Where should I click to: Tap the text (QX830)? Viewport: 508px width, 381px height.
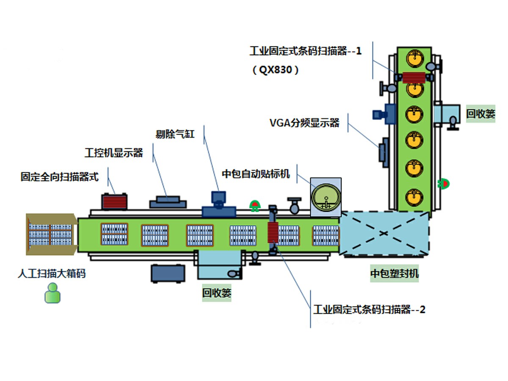click(276, 70)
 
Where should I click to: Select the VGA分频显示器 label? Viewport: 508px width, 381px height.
click(304, 123)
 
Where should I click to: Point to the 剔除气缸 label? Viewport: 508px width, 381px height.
click(175, 134)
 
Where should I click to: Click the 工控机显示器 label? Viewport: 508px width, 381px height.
click(113, 153)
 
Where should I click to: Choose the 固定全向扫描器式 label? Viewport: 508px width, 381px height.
click(59, 177)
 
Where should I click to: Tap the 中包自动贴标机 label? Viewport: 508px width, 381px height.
click(256, 174)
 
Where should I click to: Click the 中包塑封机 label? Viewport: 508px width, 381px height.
click(395, 274)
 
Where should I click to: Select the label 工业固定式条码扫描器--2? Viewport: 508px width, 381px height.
click(369, 309)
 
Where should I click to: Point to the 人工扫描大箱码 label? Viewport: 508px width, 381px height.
click(51, 273)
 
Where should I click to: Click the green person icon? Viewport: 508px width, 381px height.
click(52, 293)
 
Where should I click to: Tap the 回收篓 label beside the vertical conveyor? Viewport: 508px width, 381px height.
click(480, 113)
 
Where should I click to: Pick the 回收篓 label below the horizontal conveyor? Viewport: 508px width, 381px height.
click(217, 293)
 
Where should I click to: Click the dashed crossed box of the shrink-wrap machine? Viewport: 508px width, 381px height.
click(384, 234)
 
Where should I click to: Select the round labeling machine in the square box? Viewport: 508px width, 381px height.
click(326, 197)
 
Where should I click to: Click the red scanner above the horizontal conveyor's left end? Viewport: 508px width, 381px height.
click(114, 201)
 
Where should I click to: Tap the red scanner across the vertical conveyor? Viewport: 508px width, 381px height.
click(413, 77)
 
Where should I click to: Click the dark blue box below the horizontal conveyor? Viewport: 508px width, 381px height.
click(168, 273)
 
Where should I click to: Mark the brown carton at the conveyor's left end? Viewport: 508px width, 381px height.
click(51, 234)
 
